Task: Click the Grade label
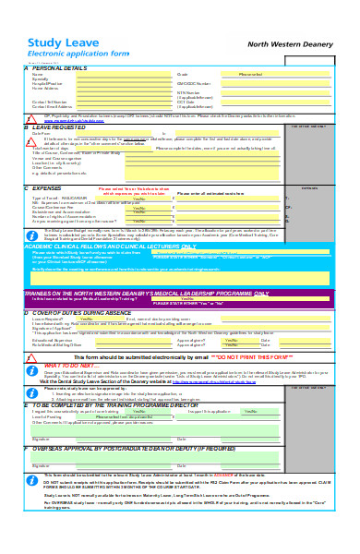click(182, 74)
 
